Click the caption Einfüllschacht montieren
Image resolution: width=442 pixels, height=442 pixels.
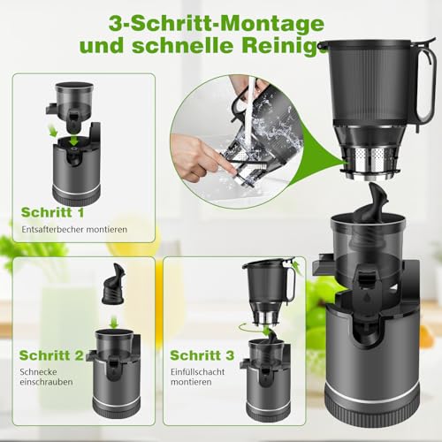[200, 376]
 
